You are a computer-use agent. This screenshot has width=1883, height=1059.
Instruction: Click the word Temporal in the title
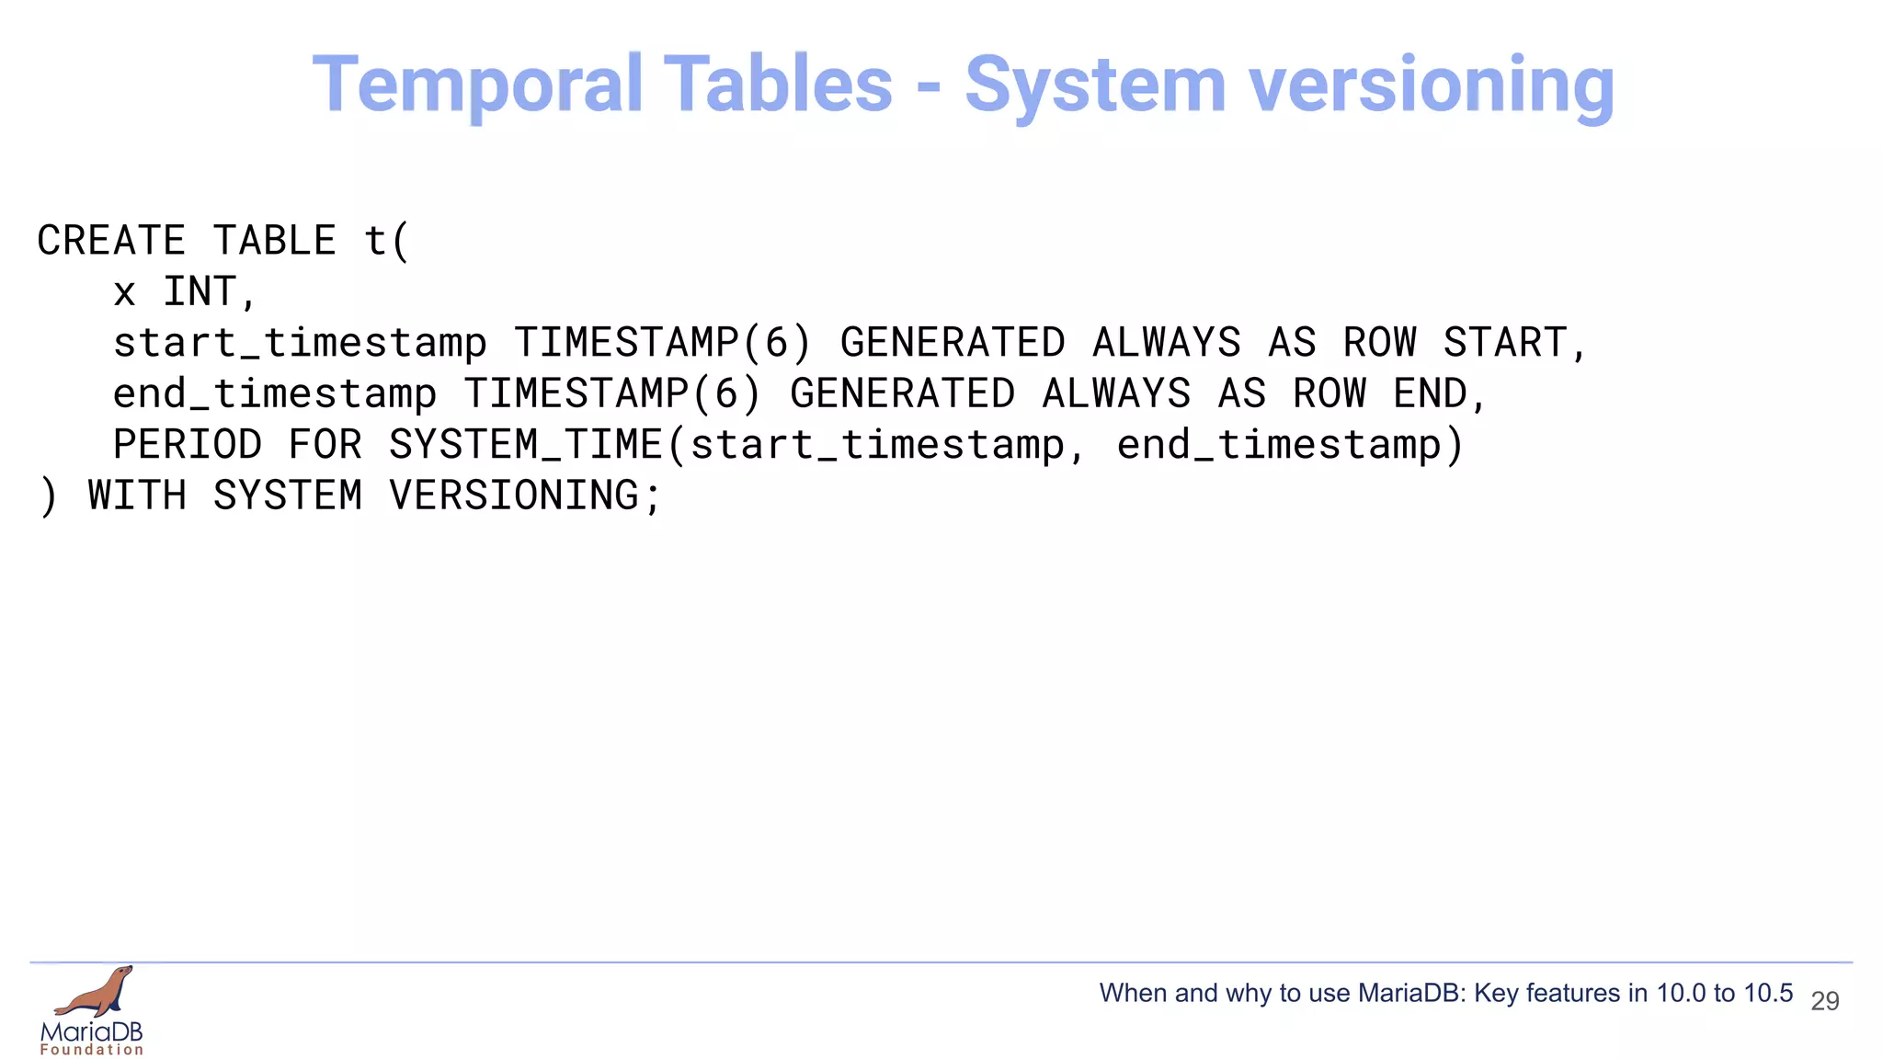[477, 85]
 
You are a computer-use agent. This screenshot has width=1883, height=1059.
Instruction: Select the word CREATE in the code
[111, 241]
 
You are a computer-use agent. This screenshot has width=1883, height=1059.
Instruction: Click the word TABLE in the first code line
[275, 241]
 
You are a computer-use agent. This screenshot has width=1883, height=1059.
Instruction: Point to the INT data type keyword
[200, 292]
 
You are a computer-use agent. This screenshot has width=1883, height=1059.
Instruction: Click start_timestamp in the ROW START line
[300, 344]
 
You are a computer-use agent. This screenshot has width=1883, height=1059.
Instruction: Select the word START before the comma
[1505, 343]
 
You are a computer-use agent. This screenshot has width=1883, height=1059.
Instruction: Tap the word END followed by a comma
[1430, 394]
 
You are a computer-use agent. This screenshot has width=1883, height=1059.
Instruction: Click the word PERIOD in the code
[188, 445]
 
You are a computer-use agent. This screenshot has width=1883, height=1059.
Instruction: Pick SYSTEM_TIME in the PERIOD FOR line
[525, 445]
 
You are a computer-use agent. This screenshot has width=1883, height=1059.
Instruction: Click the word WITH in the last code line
[137, 496]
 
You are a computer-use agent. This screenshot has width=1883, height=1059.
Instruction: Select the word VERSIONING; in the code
[525, 496]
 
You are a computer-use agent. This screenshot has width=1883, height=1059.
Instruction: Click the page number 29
[1824, 1000]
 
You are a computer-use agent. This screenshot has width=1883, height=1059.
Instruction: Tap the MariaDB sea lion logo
[95, 993]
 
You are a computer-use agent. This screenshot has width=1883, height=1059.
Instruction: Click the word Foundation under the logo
[92, 1050]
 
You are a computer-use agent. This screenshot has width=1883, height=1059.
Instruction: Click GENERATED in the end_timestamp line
[902, 394]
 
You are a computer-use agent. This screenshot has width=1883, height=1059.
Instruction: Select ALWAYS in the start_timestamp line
[1166, 343]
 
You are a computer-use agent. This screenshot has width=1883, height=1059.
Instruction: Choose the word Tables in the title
[777, 85]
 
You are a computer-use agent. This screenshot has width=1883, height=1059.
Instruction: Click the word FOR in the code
[325, 445]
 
